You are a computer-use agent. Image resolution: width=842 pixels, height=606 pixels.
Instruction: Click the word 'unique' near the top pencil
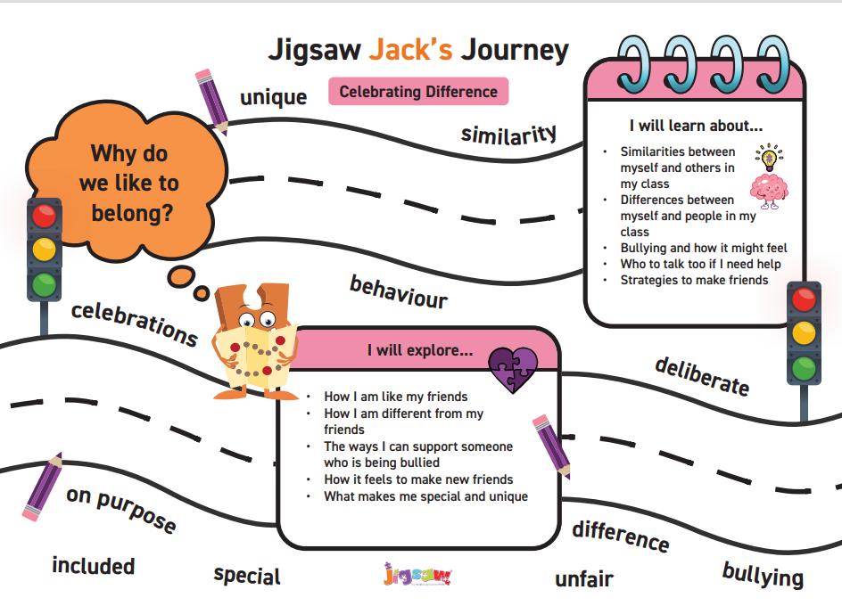tap(273, 97)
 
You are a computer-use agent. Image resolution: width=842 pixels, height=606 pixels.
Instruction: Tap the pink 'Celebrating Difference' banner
tap(418, 92)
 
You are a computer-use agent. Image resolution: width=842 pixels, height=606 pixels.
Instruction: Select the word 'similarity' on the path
tap(509, 134)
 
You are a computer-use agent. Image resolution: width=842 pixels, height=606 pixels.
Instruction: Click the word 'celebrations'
tap(134, 323)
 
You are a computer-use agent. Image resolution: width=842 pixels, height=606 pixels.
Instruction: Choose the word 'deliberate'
tap(702, 376)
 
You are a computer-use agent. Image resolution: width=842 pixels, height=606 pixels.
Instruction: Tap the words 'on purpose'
tap(121, 509)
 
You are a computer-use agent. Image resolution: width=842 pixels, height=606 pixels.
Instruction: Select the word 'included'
tap(94, 566)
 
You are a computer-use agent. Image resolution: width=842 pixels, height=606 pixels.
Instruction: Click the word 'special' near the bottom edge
tap(247, 576)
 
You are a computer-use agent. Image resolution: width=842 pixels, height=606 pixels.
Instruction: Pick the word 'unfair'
tap(584, 579)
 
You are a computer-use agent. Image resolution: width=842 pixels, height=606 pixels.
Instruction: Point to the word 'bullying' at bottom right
tap(763, 575)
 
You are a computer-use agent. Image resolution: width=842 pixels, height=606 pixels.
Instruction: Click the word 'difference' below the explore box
tap(621, 535)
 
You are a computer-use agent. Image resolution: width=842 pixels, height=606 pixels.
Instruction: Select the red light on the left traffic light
tap(44, 217)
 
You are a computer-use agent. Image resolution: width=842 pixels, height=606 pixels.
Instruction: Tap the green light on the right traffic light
tap(804, 366)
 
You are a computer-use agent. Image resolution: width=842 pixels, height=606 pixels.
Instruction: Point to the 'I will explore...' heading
tap(420, 350)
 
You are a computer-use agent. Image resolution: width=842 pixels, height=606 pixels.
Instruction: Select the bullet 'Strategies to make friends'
tap(694, 280)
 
